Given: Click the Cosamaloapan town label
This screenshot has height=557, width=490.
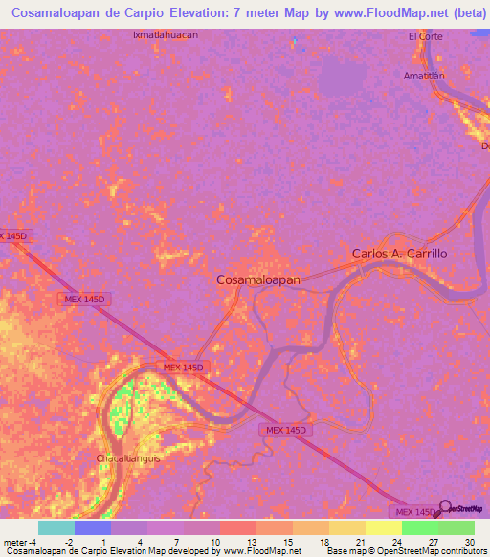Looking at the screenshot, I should pos(258,278).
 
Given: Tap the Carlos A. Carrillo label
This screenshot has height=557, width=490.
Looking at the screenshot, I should pos(399,255).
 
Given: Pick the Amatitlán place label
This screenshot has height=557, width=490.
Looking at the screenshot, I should pos(426,75).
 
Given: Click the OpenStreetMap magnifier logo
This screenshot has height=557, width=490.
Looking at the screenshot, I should pos(446,507).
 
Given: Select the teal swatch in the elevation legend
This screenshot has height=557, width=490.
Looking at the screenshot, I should pos(56,527).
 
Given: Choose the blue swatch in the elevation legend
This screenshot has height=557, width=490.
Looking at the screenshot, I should pos(93,527).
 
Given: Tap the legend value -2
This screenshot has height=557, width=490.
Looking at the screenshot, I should pos(68,541).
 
